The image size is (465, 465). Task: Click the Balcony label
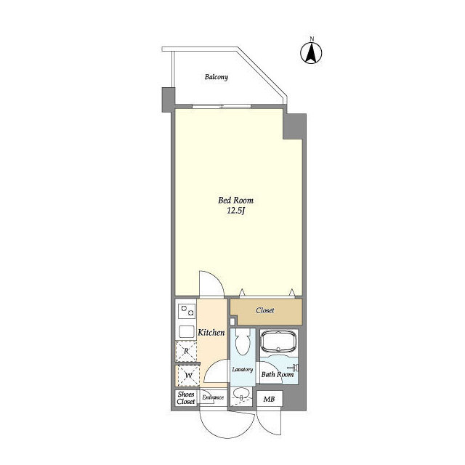pyautogui.click(x=217, y=77)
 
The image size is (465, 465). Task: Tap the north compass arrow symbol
pyautogui.click(x=311, y=53)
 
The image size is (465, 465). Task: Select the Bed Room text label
pyautogui.click(x=235, y=201)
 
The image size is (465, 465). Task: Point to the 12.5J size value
pyautogui.click(x=236, y=211)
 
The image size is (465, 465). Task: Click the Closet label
pyautogui.click(x=265, y=310)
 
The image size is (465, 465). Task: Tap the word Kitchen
pyautogui.click(x=211, y=333)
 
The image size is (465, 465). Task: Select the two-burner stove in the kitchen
pyautogui.click(x=187, y=311)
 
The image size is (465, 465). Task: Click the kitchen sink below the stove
pyautogui.click(x=187, y=331)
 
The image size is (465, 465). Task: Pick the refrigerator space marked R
pyautogui.click(x=186, y=352)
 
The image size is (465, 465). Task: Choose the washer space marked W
pyautogui.click(x=188, y=376)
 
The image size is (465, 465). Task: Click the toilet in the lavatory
pyautogui.click(x=243, y=341)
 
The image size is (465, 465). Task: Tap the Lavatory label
pyautogui.click(x=243, y=370)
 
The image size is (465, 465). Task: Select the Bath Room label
pyautogui.click(x=278, y=374)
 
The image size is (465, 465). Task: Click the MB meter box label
pyautogui.click(x=270, y=399)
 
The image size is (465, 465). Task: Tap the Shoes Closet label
pyautogui.click(x=186, y=398)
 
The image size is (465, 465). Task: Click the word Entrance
pyautogui.click(x=213, y=397)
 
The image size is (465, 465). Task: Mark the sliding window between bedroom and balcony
pyautogui.click(x=222, y=106)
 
